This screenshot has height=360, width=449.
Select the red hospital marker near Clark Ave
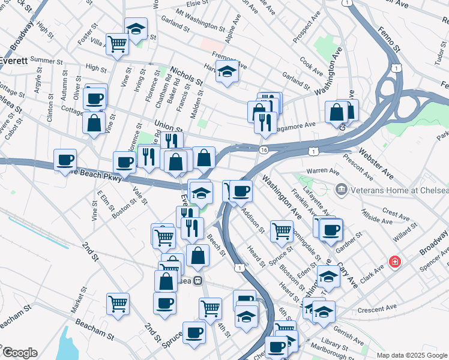394,262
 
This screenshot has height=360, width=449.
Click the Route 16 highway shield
264,149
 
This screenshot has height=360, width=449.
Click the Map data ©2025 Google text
412,355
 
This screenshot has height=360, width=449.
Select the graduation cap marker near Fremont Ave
226,73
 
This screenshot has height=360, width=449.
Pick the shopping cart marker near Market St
118,302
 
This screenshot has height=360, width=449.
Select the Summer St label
42,61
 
